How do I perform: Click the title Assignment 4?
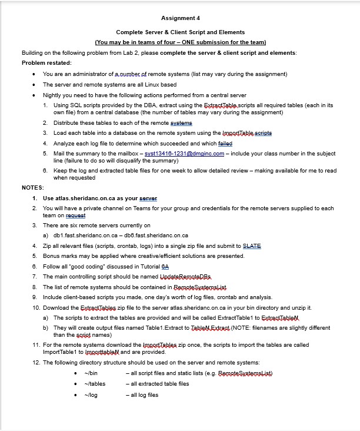coord(180,18)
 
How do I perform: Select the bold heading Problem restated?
coord(46,62)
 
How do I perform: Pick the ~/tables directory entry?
coord(94,383)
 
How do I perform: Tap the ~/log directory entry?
coord(90,394)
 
